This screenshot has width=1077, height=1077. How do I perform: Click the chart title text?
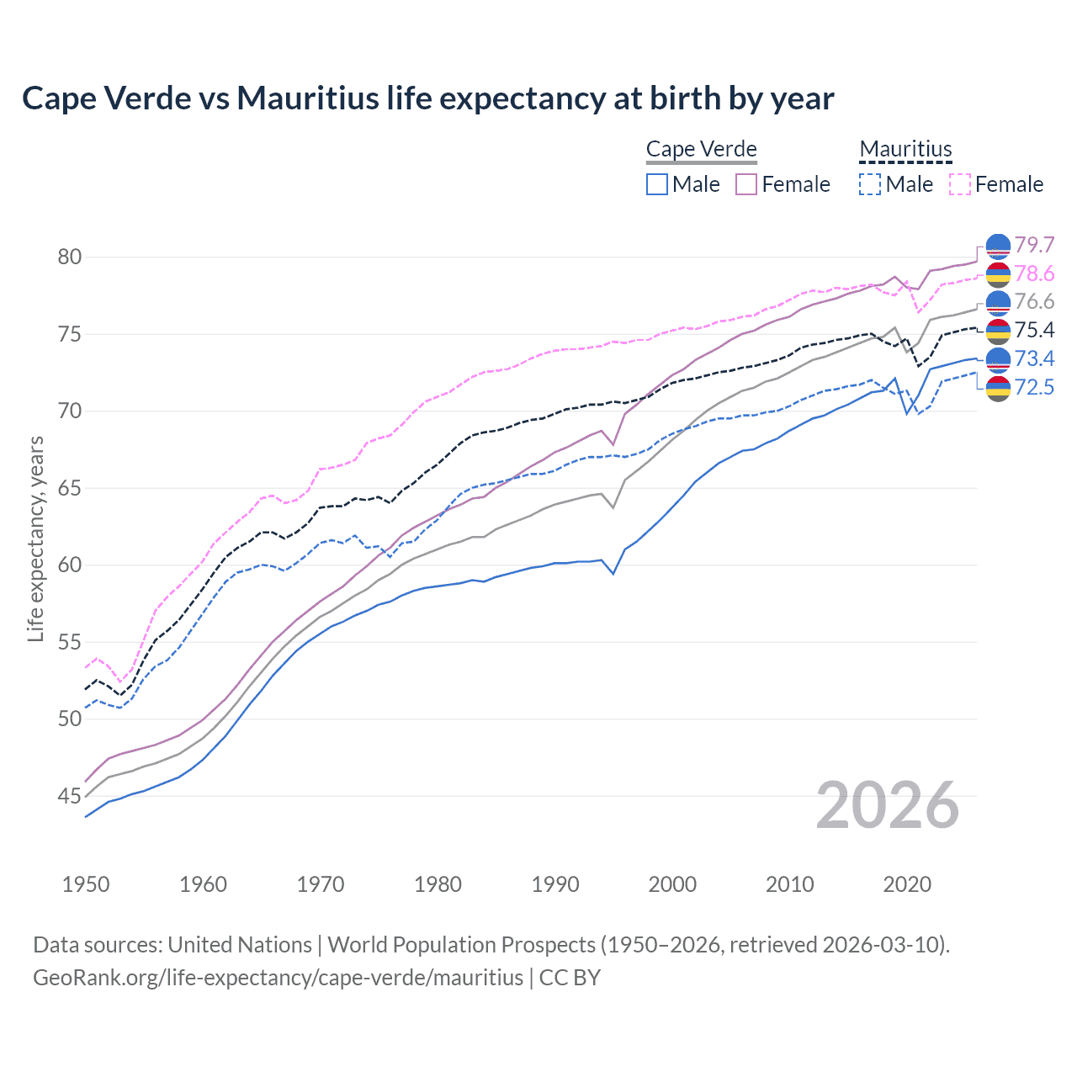[427, 98]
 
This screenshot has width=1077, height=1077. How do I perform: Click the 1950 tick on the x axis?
[86, 884]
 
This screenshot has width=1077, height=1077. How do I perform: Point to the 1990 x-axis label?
[555, 884]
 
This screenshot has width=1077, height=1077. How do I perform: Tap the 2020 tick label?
[907, 884]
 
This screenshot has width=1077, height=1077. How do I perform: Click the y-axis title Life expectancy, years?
[35, 538]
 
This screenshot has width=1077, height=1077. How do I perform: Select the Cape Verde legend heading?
[702, 149]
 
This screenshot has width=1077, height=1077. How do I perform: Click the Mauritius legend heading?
[905, 149]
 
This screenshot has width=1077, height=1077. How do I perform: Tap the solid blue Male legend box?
[657, 184]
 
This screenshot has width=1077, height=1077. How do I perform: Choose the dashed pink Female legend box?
[960, 184]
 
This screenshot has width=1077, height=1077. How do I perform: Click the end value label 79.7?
[1034, 245]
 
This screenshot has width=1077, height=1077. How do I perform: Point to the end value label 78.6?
[1034, 273]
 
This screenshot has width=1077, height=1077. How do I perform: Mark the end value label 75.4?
[1034, 330]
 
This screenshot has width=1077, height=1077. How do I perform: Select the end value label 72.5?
[1034, 387]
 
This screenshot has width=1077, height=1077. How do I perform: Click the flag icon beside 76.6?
[998, 302]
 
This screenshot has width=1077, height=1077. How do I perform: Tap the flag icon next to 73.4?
[998, 359]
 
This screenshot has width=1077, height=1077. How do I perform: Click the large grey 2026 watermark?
[888, 805]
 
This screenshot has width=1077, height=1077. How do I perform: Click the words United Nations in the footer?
[240, 945]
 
